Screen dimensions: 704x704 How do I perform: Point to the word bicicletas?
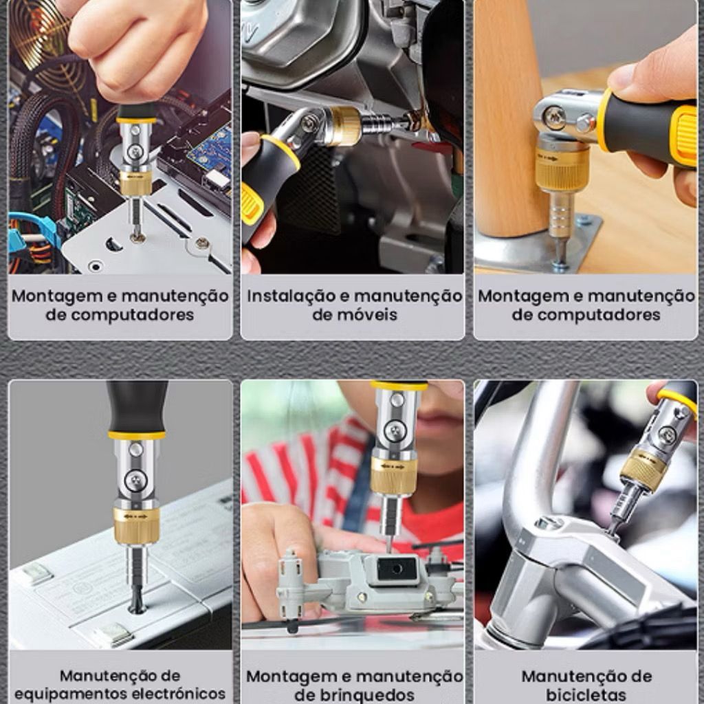tap(586, 694)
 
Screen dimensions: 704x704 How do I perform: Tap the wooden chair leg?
tap(507, 121)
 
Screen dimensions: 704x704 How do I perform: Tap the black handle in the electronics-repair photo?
tap(137, 406)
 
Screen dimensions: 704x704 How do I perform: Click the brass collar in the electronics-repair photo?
tap(135, 525)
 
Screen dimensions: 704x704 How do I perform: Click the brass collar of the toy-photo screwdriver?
tap(394, 476)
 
